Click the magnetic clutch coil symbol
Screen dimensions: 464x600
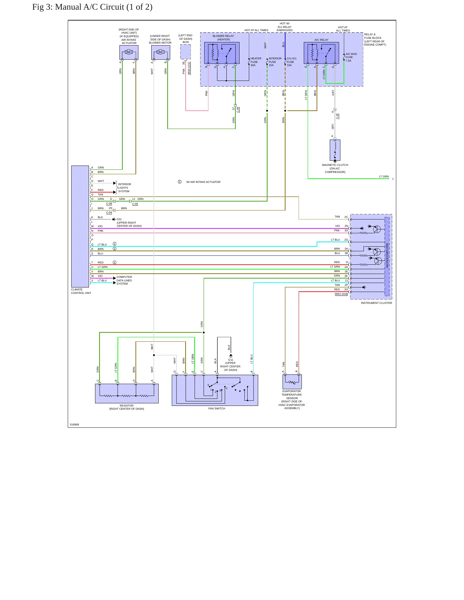click(335, 150)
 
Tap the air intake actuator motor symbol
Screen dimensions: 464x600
click(129, 52)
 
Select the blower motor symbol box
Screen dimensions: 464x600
click(161, 52)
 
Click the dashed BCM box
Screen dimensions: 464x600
click(186, 52)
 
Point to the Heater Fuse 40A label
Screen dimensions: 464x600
click(256, 62)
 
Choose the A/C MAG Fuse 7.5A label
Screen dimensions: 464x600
click(351, 57)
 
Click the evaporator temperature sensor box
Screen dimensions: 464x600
click(292, 382)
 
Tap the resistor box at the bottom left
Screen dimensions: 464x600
click(127, 393)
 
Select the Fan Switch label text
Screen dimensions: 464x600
click(217, 408)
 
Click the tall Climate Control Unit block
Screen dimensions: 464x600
click(80, 227)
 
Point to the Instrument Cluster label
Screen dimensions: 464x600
click(376, 303)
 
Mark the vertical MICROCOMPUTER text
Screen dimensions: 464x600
click(387, 255)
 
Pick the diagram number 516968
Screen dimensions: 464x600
click(74, 424)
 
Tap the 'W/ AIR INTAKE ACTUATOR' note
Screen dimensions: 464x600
click(203, 182)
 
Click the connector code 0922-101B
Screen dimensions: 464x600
click(341, 294)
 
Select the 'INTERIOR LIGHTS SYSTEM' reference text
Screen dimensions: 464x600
click(125, 188)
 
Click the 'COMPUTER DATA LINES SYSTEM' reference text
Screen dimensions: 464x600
click(124, 280)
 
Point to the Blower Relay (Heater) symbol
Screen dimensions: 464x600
click(222, 53)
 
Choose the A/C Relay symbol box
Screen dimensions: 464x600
click(321, 53)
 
